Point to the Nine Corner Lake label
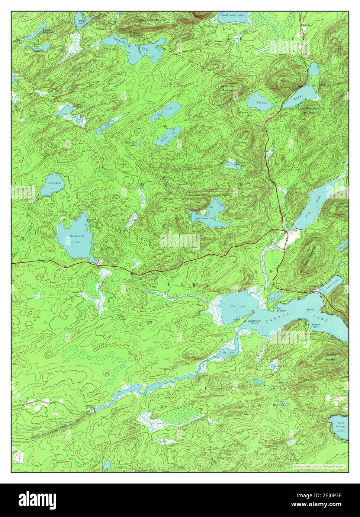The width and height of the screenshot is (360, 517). (205, 218)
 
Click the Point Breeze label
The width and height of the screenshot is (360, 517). (281, 309)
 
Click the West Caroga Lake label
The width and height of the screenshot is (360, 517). (340, 426)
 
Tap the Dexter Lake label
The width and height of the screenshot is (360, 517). (83, 22)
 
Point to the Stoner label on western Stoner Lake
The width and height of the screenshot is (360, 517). (261, 102)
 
